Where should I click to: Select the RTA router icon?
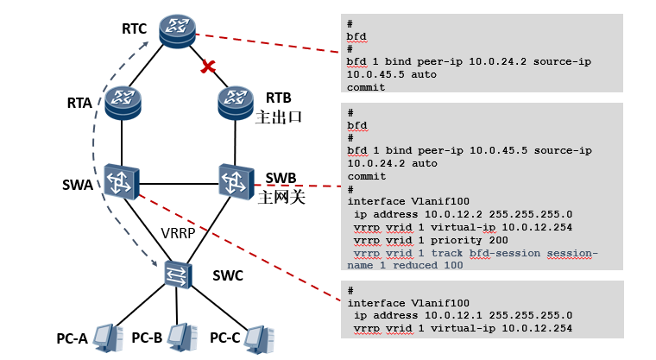pyautogui.click(x=123, y=103)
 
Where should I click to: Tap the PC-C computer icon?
pyautogui.click(x=259, y=336)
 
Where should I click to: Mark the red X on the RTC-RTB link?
pyautogui.click(x=207, y=66)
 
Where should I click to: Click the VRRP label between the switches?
pyautogui.click(x=179, y=232)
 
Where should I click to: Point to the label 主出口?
pyautogui.click(x=278, y=116)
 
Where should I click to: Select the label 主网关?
pyautogui.click(x=278, y=197)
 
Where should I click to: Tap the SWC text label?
pyautogui.click(x=229, y=275)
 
